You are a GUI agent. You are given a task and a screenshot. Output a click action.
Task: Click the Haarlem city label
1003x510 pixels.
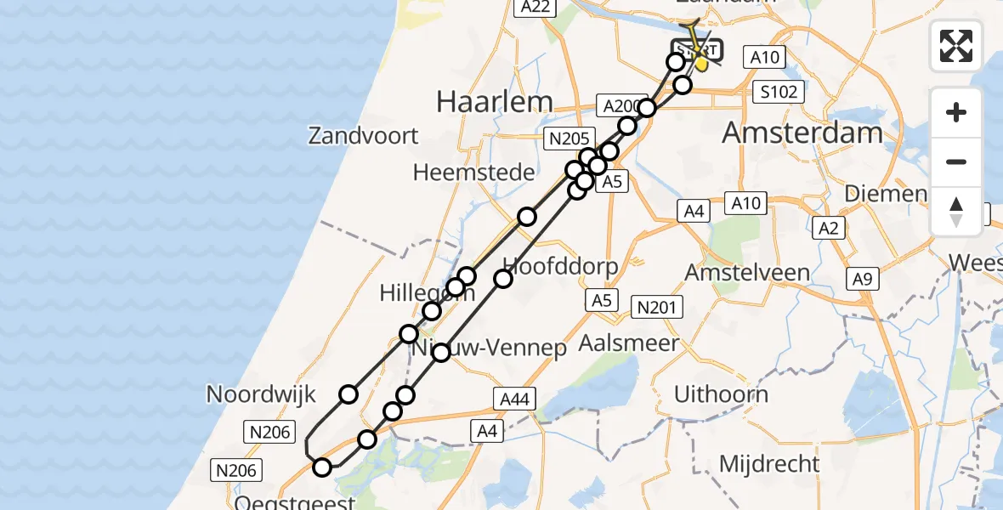point(494,102)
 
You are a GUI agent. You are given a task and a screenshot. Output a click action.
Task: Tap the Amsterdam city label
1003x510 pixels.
point(802,133)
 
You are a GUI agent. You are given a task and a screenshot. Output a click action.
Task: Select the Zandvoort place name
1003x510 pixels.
point(364,136)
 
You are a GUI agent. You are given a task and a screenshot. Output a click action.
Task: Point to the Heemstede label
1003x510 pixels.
point(473,173)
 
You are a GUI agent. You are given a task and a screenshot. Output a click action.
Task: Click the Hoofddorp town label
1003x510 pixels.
point(561,264)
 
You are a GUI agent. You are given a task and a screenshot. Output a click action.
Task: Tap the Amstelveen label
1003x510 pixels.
point(747,273)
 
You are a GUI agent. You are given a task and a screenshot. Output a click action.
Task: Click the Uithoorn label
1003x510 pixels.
point(721,394)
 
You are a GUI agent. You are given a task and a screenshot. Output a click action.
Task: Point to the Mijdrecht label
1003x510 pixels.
point(769,464)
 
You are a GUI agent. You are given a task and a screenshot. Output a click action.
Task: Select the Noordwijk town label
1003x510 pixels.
point(261,394)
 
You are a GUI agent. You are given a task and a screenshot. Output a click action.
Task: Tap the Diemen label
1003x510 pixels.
point(885,194)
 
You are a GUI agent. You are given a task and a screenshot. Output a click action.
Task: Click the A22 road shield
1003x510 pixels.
point(537,8)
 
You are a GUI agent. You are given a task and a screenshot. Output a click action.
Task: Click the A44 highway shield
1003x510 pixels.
point(513,398)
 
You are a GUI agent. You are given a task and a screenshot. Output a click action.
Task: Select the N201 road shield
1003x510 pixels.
point(654,306)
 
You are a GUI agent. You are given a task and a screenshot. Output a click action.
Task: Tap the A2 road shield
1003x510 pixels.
point(829,228)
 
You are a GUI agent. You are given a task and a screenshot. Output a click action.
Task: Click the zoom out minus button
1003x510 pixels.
point(956,162)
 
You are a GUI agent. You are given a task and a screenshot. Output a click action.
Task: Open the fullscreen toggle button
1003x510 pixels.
point(956,46)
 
